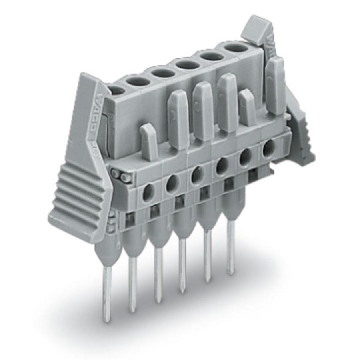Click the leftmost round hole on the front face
(146, 192)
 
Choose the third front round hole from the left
(196, 176)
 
